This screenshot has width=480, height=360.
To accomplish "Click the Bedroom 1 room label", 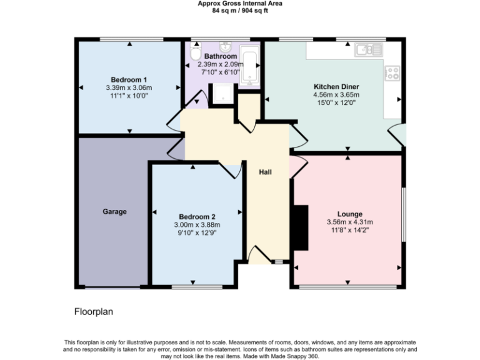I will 129,80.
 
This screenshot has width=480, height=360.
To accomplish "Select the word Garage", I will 114,212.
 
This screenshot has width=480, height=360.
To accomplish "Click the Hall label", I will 266,172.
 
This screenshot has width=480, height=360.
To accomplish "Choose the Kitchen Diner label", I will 336,86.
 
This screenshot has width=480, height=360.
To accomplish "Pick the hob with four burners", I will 393,73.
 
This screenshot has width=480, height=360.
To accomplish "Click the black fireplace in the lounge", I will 301,227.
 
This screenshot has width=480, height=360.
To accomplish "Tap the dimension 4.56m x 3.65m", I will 336,94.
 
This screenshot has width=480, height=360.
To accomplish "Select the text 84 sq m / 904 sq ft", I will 240,10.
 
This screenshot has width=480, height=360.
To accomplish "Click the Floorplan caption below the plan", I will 94,311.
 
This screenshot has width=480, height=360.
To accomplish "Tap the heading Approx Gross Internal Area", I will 240,3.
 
